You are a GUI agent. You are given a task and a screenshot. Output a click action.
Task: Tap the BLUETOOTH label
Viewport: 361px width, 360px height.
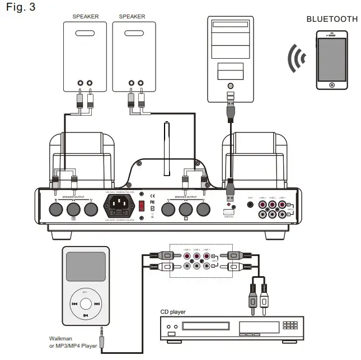click(x=332, y=19)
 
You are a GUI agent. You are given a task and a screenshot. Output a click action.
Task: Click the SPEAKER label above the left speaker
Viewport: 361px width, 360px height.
click(x=86, y=17)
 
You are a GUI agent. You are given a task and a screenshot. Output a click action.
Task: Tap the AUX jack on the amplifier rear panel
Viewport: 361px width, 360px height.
click(x=250, y=205)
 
